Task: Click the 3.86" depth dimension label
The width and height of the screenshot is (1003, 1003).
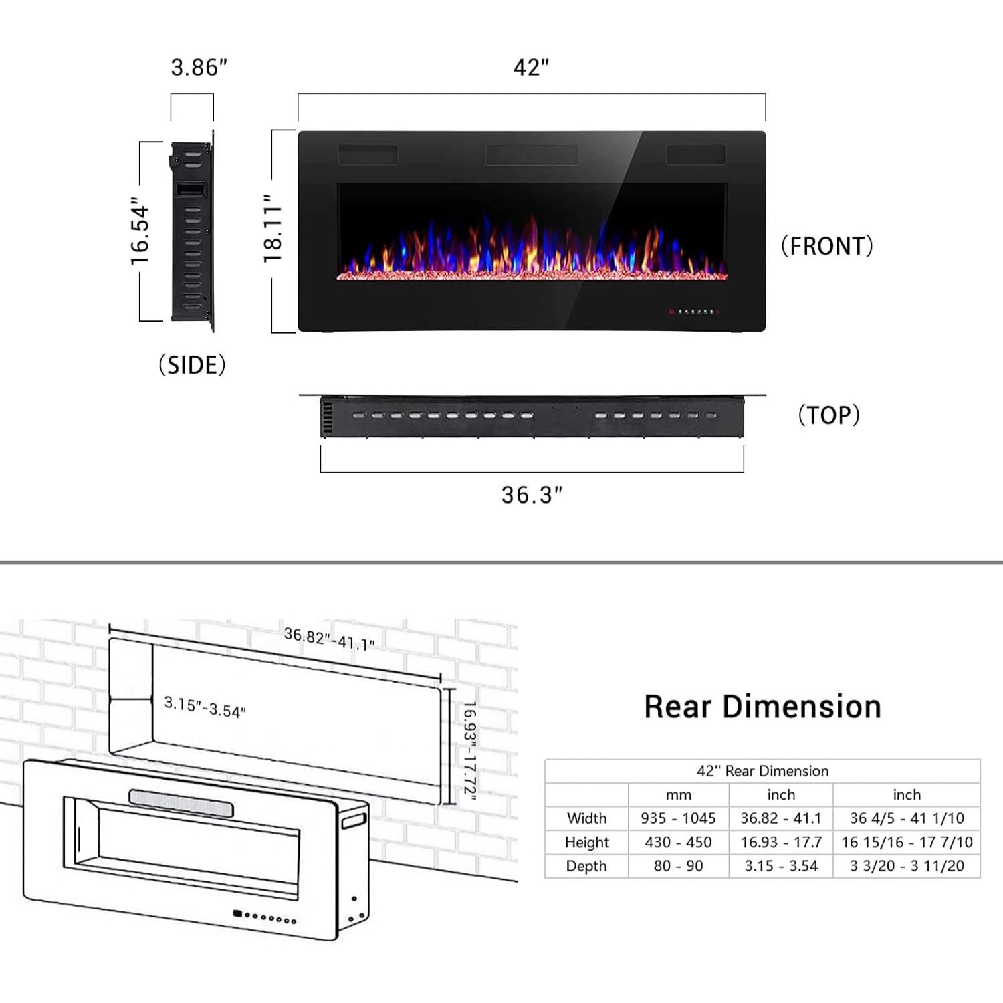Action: tap(199, 68)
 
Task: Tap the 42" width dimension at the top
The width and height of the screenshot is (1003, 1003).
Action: tap(531, 68)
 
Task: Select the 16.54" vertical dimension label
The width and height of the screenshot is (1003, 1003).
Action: tap(140, 231)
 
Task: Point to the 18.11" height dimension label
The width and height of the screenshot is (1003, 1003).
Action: tap(273, 229)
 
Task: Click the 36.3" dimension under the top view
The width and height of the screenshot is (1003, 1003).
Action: tap(532, 495)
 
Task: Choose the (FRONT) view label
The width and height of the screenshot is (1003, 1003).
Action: tap(826, 246)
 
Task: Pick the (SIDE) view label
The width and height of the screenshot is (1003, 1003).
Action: tap(192, 365)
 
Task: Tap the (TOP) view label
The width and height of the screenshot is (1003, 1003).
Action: tap(828, 415)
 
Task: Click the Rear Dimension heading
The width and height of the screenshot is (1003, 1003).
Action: tap(762, 707)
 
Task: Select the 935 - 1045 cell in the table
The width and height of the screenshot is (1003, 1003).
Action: tap(678, 818)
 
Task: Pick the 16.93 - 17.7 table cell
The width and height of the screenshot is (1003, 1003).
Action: tap(780, 842)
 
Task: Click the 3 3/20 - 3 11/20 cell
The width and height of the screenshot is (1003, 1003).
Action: tap(907, 866)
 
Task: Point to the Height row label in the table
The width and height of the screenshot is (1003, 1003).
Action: tap(586, 842)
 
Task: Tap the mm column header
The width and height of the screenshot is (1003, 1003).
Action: tap(678, 795)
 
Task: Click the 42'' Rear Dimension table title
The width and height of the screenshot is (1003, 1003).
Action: tap(762, 771)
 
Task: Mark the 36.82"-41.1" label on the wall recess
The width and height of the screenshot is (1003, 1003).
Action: tap(329, 639)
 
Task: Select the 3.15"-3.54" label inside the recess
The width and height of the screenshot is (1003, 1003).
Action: tap(205, 707)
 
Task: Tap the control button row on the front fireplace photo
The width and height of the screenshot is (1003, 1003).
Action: tap(695, 312)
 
